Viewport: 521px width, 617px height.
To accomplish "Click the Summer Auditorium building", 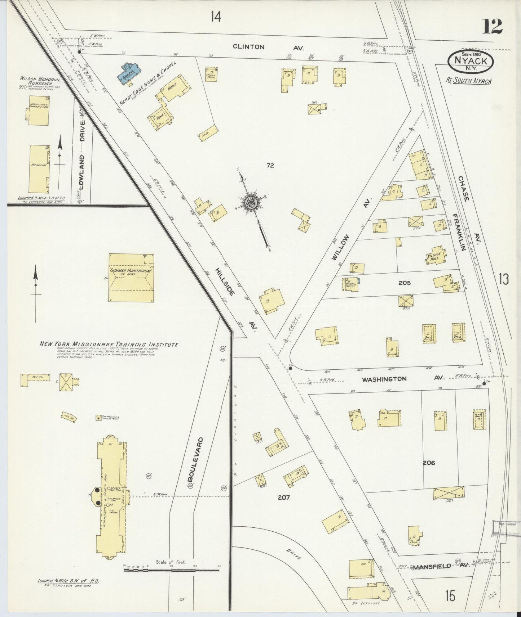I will (131, 278).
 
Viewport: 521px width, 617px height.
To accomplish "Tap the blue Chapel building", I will (128, 73).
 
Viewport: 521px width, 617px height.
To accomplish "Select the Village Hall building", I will (435, 256).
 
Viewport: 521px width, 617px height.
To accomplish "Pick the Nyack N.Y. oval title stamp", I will (471, 61).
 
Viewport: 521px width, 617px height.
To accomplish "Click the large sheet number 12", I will (492, 26).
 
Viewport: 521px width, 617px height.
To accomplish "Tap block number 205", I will (404, 283).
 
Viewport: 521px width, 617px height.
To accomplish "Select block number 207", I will (284, 498).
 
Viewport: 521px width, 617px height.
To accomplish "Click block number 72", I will (270, 165).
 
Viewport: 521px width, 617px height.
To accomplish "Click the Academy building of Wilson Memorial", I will (39, 169).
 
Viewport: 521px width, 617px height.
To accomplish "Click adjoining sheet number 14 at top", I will (216, 17).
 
